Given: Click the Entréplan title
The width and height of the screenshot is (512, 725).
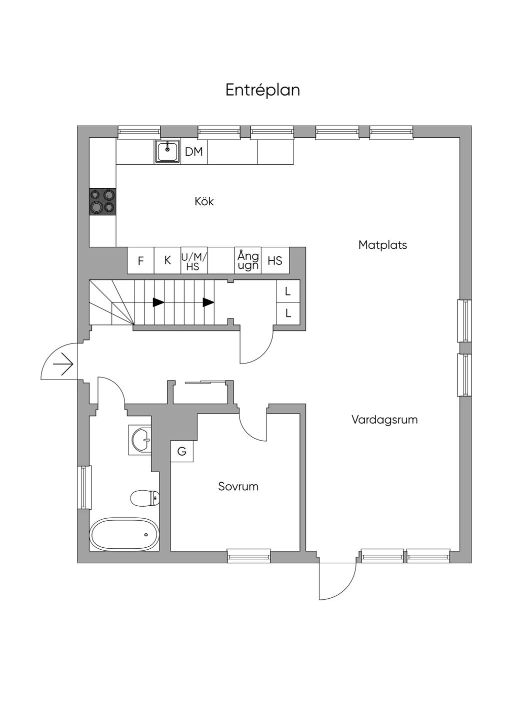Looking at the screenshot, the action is pos(262,90).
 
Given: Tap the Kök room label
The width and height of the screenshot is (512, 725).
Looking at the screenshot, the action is pos(204,201).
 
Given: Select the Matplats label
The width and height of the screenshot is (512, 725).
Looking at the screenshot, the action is pos(382,245).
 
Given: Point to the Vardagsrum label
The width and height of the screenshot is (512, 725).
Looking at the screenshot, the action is pos(384,420).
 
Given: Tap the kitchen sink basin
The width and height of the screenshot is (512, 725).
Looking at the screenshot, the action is pos(167,151).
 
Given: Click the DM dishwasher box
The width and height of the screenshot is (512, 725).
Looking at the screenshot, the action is pos(194,152).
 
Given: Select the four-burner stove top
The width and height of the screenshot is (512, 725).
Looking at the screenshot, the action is pos(102,201).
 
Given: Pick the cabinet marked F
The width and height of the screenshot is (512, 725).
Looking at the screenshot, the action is pos(140,260).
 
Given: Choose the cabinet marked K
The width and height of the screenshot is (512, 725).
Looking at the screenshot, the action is pos(167,260).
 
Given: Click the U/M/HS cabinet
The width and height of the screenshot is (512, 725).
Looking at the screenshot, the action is pos(194,260).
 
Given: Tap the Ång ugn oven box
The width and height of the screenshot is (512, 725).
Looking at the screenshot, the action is pos(248,260).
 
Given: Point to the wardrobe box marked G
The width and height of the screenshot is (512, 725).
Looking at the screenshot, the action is pos(181,451).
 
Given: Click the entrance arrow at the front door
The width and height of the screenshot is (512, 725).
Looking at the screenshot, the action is pos(63,364).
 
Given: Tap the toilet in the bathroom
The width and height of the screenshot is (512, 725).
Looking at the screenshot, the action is pos(144,498).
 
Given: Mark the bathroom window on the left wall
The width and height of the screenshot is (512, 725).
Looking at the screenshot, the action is pos(84,487).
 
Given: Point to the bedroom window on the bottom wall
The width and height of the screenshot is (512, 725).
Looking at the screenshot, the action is pos(249,556).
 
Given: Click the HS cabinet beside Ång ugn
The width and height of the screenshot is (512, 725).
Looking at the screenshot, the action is pos(275,260).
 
